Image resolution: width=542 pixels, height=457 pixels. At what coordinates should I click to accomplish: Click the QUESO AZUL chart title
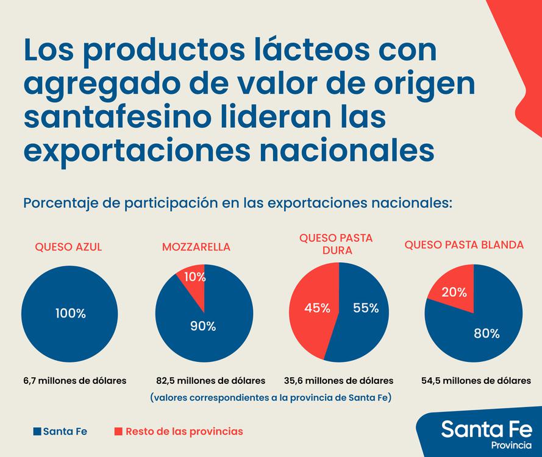coord(68,247)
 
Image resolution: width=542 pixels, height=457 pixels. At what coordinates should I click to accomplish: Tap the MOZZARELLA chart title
coord(196,247)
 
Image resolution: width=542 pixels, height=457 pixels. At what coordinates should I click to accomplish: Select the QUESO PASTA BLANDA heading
coord(464,245)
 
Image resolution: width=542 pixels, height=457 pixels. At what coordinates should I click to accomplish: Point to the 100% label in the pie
coord(71,314)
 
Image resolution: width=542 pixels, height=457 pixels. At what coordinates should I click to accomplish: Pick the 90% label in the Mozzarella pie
coord(202,326)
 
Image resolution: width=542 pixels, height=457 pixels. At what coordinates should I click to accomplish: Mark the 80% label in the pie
coord(487,333)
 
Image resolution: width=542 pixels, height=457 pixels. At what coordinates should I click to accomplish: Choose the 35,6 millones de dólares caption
coord(338,381)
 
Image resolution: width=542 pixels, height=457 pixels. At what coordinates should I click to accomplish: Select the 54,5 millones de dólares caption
coord(476,381)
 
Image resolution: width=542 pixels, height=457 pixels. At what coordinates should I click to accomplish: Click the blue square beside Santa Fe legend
coord(37,431)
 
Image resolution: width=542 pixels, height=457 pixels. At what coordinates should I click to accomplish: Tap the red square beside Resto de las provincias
coord(118,431)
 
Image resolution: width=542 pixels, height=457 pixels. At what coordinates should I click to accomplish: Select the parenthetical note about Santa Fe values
coord(271,398)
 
